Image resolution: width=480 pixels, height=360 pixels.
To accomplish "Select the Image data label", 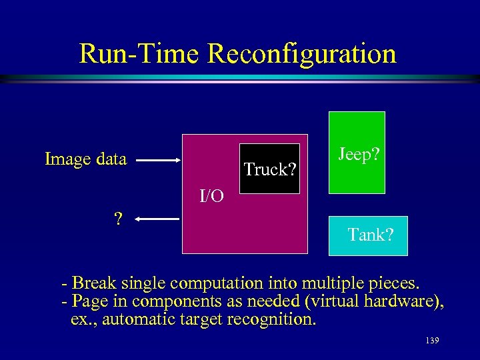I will click(x=85, y=159).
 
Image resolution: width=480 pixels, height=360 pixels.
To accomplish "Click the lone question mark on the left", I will click(x=118, y=219).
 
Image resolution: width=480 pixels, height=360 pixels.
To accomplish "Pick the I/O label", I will click(x=212, y=195).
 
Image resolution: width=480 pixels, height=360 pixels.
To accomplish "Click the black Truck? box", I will click(x=270, y=169).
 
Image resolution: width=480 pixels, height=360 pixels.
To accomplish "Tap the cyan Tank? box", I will click(x=368, y=235).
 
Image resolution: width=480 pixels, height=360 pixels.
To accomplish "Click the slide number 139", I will click(x=431, y=341).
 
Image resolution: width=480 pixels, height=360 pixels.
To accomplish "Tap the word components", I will click(x=167, y=301).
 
